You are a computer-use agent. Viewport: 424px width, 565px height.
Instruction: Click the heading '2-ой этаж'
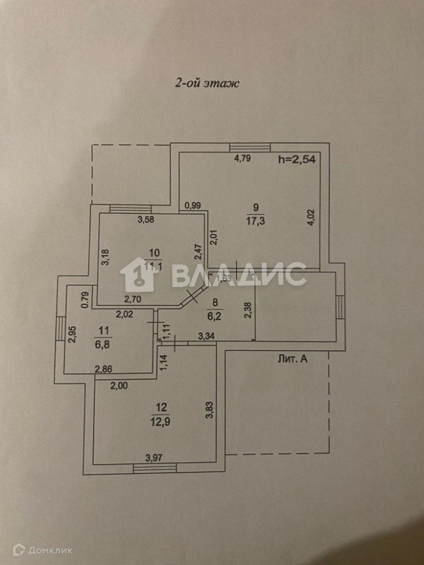[x=206, y=83]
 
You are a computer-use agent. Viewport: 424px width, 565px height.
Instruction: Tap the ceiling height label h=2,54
[x=297, y=159]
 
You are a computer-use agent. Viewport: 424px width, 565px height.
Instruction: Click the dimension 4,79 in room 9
[x=243, y=158]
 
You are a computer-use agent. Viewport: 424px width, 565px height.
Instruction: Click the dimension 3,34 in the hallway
[x=205, y=337]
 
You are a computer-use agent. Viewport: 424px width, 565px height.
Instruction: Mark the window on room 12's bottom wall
[x=154, y=467]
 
